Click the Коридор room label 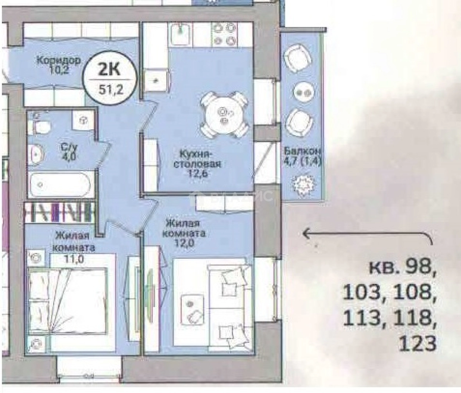[x=58, y=60]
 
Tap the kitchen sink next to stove [x=181, y=33]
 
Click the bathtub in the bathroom [x=60, y=184]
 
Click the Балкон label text [x=303, y=151]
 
